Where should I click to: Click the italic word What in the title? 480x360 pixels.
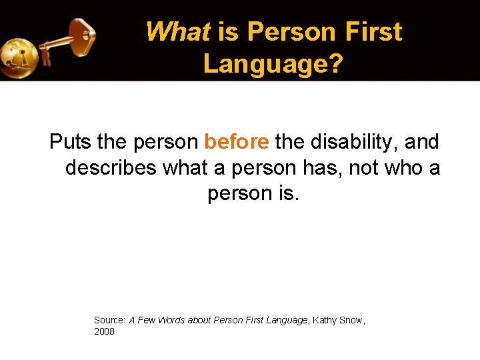pos(177,32)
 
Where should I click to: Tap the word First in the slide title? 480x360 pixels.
pos(374,32)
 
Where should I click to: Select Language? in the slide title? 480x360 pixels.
pos(273,64)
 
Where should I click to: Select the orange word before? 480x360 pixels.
pos(237,142)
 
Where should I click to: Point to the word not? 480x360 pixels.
pos(364,168)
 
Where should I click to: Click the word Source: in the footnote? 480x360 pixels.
pos(109,320)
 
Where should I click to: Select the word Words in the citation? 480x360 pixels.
pos(171,320)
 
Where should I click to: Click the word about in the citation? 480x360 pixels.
pos(199,320)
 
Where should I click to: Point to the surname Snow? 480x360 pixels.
pos(351,320)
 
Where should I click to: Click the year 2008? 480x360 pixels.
pos(104,331)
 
